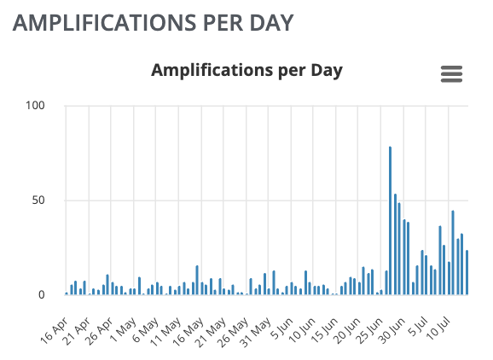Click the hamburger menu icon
[x=451, y=74]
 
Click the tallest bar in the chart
[x=390, y=220]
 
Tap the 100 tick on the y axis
[x=35, y=105]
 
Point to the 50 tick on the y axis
[x=38, y=200]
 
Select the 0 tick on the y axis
[x=42, y=295]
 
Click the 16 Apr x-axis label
[x=54, y=331]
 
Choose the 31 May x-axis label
[x=255, y=332]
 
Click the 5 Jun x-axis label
[x=282, y=328]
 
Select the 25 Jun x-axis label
[x=369, y=331]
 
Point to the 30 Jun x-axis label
[x=391, y=331]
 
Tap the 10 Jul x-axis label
[x=439, y=329]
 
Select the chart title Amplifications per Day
[x=246, y=71]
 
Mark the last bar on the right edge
[x=467, y=272]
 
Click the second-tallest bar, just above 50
[x=395, y=244]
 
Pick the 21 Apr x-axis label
[x=77, y=331]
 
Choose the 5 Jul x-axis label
[x=417, y=328]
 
